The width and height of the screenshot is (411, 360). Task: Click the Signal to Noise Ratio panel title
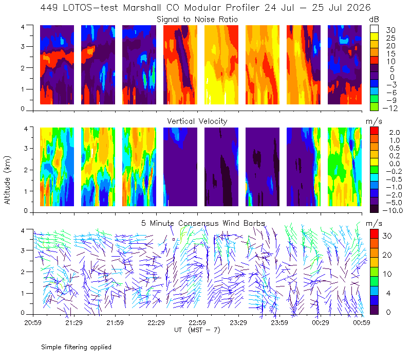197,20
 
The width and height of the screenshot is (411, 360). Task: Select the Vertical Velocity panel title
197,121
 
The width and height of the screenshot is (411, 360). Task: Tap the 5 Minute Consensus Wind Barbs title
203,223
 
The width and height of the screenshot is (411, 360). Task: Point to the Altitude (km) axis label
7,180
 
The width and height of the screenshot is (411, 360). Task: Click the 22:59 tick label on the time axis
197,322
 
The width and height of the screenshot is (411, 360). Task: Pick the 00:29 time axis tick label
321,322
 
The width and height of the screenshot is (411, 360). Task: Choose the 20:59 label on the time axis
33,322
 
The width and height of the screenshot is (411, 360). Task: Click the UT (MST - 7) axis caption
197,330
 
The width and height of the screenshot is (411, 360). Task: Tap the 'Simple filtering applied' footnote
76,348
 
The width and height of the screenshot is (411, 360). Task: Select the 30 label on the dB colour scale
390,30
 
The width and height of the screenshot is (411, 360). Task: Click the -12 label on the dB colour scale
390,108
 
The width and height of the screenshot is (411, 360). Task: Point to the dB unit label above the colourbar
374,20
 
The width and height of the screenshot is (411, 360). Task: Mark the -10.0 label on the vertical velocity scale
393,210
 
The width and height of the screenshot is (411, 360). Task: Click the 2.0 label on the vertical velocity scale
395,133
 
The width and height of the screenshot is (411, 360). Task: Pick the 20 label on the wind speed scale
387,255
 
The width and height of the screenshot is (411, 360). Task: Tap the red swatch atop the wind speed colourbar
374,234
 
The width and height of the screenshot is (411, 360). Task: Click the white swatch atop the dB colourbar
374,29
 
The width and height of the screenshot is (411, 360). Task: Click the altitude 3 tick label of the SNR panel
23,46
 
